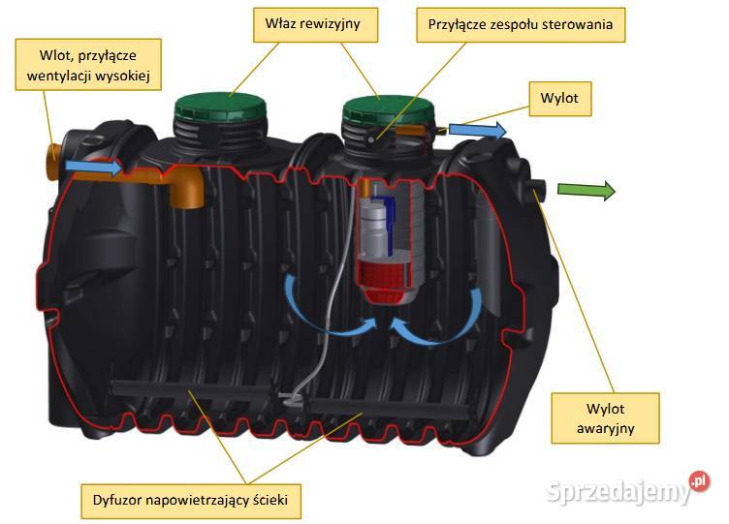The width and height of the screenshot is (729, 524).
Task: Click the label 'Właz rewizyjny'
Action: pyautogui.click(x=315, y=24)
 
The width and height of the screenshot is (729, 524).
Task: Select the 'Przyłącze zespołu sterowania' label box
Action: pyautogui.click(x=521, y=24)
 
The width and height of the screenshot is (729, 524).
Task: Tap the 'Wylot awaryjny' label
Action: pyautogui.click(x=605, y=418)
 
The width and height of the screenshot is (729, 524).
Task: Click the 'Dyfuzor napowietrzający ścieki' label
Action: pyautogui.click(x=191, y=501)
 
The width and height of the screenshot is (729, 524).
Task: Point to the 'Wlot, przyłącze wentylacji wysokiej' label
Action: pyautogui.click(x=88, y=65)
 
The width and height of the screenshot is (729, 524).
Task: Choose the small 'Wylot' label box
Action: pyautogui.click(x=559, y=99)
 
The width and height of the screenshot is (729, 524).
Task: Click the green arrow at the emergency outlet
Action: pyautogui.click(x=586, y=191)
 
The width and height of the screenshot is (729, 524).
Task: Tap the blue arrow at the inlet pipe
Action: pyautogui.click(x=93, y=167)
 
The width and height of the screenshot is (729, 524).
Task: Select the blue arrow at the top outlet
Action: pyautogui.click(x=478, y=130)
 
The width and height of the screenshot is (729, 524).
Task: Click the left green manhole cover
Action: pyautogui.click(x=221, y=106)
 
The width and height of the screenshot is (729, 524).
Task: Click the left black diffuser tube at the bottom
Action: pyautogui.click(x=191, y=389)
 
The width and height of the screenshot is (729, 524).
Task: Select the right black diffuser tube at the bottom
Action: pyautogui.click(x=387, y=409)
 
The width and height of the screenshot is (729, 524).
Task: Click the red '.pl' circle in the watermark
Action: pyautogui.click(x=700, y=481)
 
